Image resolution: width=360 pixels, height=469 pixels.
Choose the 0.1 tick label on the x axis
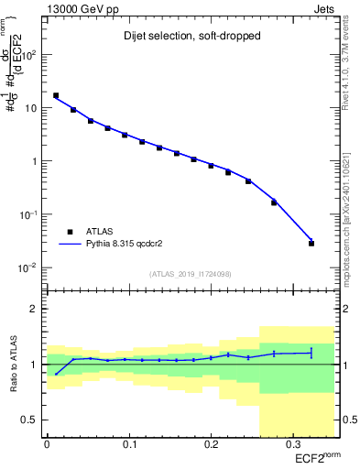coord(128,443)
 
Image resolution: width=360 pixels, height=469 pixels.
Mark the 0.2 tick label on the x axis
coord(210,443)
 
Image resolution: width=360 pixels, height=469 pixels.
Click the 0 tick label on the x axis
coord(48,443)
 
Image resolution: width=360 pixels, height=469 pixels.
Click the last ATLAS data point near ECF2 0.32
coord(311,244)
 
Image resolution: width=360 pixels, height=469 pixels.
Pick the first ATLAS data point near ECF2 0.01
coord(56,95)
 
